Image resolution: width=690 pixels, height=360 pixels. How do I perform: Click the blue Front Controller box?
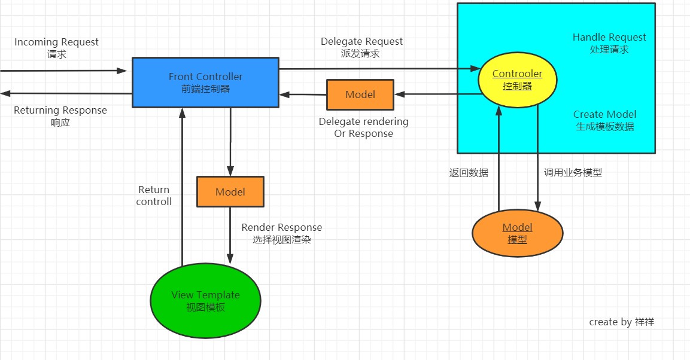pos(205,82)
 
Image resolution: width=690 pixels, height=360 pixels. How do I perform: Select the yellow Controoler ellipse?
pos(518,80)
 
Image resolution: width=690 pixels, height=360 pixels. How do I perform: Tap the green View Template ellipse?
pos(205,301)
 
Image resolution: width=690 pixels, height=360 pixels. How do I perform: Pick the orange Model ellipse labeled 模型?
pos(518,233)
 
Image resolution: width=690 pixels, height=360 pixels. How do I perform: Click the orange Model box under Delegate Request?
pos(360,94)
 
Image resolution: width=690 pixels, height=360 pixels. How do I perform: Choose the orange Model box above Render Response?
pos(230,191)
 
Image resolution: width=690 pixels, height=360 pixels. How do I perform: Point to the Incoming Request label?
pos(56,48)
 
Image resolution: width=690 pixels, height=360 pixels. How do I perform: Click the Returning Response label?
pos(60,116)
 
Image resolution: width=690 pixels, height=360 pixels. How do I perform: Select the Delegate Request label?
pos(361,47)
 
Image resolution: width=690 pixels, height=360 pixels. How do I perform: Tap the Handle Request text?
pos(609,43)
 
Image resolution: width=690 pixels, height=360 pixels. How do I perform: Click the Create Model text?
pos(604,120)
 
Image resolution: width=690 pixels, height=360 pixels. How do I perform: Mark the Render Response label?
pos(282,233)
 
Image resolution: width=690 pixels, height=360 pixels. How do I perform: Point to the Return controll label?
pos(154,196)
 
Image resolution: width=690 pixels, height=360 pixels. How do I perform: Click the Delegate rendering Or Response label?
pos(363,127)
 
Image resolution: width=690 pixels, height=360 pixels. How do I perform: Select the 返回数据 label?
pos(469,173)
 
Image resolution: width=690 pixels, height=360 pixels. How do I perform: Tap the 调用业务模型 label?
pos(573,173)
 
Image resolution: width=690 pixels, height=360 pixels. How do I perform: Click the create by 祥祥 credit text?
pos(622,322)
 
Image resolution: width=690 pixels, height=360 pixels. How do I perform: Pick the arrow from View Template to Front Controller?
pos(182,187)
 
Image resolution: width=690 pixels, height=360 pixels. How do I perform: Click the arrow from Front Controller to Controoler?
pos(379,69)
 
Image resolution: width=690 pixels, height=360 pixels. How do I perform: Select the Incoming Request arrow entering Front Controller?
pos(63,71)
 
